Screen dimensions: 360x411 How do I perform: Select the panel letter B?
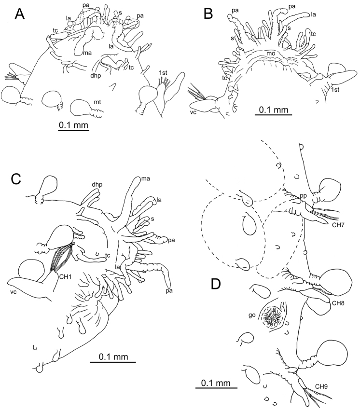pos(208,14)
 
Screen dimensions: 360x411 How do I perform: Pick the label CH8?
pos(338,303)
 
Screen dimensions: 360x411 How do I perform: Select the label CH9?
pos(321,386)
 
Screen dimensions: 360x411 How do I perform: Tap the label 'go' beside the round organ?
pos(252,315)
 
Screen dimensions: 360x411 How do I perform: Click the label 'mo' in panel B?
pos(271,54)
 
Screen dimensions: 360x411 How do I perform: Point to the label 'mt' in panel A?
pos(97,102)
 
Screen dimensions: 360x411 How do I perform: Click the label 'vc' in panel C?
pos(14,291)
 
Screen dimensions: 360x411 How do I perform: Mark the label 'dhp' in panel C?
pos(97,185)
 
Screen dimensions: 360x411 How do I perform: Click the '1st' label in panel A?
pos(163,73)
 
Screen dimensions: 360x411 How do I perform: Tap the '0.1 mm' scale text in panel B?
pos(274,110)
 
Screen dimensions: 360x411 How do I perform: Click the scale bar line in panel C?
pos(113,362)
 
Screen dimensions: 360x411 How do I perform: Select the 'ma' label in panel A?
pos(87,53)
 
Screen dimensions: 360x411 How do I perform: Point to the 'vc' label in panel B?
pos(193,112)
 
